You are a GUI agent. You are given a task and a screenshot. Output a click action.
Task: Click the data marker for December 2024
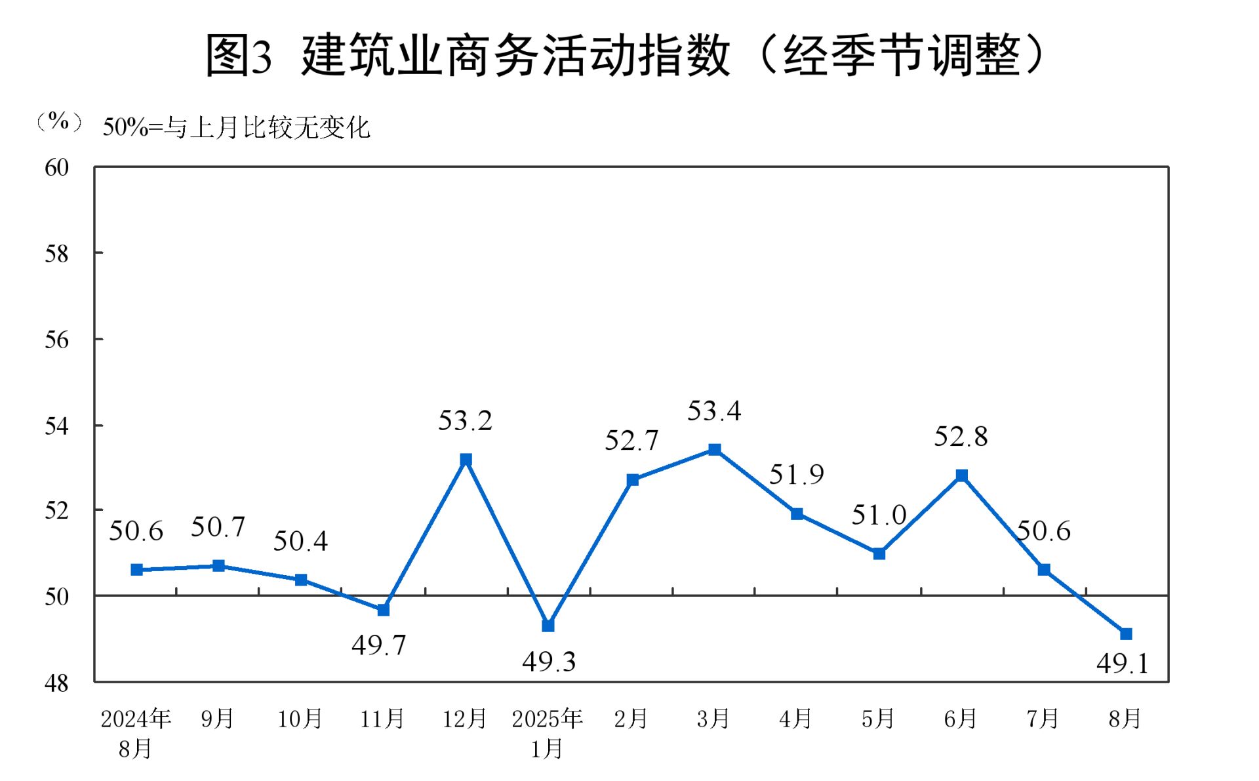click(466, 460)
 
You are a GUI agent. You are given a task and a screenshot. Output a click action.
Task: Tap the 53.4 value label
click(714, 411)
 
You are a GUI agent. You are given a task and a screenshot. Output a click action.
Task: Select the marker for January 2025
click(548, 626)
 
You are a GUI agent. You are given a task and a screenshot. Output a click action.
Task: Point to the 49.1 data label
click(1123, 664)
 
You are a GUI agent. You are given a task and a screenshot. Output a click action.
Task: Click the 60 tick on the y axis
click(57, 168)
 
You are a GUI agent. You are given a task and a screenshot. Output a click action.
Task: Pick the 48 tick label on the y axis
click(57, 683)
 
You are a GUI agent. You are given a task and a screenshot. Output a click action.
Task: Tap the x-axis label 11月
click(382, 719)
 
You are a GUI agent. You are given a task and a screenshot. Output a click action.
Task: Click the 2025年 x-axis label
click(548, 719)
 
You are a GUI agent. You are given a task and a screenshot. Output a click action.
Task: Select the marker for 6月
click(961, 475)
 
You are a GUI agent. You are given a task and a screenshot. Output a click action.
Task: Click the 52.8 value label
click(961, 437)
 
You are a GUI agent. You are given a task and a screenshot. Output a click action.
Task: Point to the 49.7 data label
click(379, 645)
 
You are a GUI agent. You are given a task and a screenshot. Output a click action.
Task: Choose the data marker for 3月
click(715, 450)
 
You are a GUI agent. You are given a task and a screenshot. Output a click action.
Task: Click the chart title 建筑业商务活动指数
click(515, 55)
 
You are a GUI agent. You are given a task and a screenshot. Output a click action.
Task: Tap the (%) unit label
click(59, 121)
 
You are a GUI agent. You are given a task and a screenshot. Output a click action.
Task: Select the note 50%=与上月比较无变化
click(237, 127)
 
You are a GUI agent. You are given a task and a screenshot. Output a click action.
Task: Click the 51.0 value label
click(879, 515)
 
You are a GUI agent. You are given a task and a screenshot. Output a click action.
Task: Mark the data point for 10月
click(301, 580)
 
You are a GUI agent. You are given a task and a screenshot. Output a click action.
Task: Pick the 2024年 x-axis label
click(136, 719)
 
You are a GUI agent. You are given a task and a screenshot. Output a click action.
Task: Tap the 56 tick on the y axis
click(57, 340)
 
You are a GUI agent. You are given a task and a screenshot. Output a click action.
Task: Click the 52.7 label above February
click(631, 441)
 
